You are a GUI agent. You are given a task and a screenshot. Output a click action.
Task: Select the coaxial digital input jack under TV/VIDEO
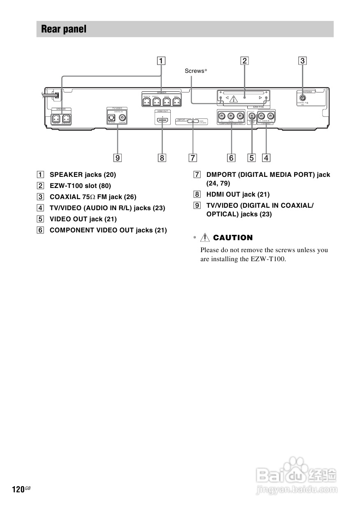pos(122,117)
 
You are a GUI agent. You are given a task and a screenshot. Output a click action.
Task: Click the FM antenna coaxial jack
pos(303,98)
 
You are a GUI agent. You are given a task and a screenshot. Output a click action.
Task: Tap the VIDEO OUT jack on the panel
pos(252,116)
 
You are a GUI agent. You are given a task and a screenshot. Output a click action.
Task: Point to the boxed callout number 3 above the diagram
pos(303,61)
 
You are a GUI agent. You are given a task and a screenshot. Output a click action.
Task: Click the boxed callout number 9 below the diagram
pos(118,158)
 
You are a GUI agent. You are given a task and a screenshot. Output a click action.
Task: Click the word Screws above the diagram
pos(194,71)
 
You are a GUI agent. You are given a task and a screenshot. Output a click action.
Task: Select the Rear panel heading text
pos(64,29)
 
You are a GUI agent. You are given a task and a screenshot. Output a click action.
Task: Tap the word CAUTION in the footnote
pos(233,238)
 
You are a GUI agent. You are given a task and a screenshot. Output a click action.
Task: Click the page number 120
pos(18,489)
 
